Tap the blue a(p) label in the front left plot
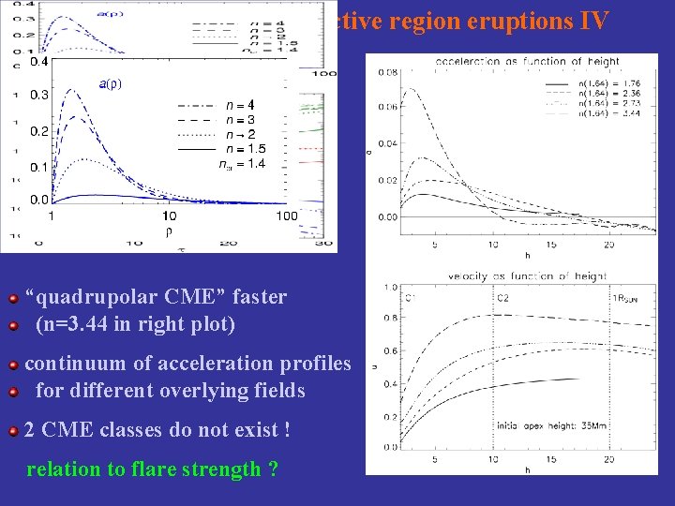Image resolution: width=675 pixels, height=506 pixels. point(110,83)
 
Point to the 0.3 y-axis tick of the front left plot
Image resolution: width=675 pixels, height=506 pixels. point(38,96)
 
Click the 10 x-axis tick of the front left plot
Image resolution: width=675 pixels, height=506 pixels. point(170,216)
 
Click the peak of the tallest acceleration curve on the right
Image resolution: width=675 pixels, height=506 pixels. point(405,90)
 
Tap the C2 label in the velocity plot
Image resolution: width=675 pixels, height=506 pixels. point(503,298)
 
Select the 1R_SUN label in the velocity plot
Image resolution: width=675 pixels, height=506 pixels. point(626,298)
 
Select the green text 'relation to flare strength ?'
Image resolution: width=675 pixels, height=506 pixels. point(152,469)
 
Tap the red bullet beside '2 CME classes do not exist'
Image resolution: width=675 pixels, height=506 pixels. point(13,432)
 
